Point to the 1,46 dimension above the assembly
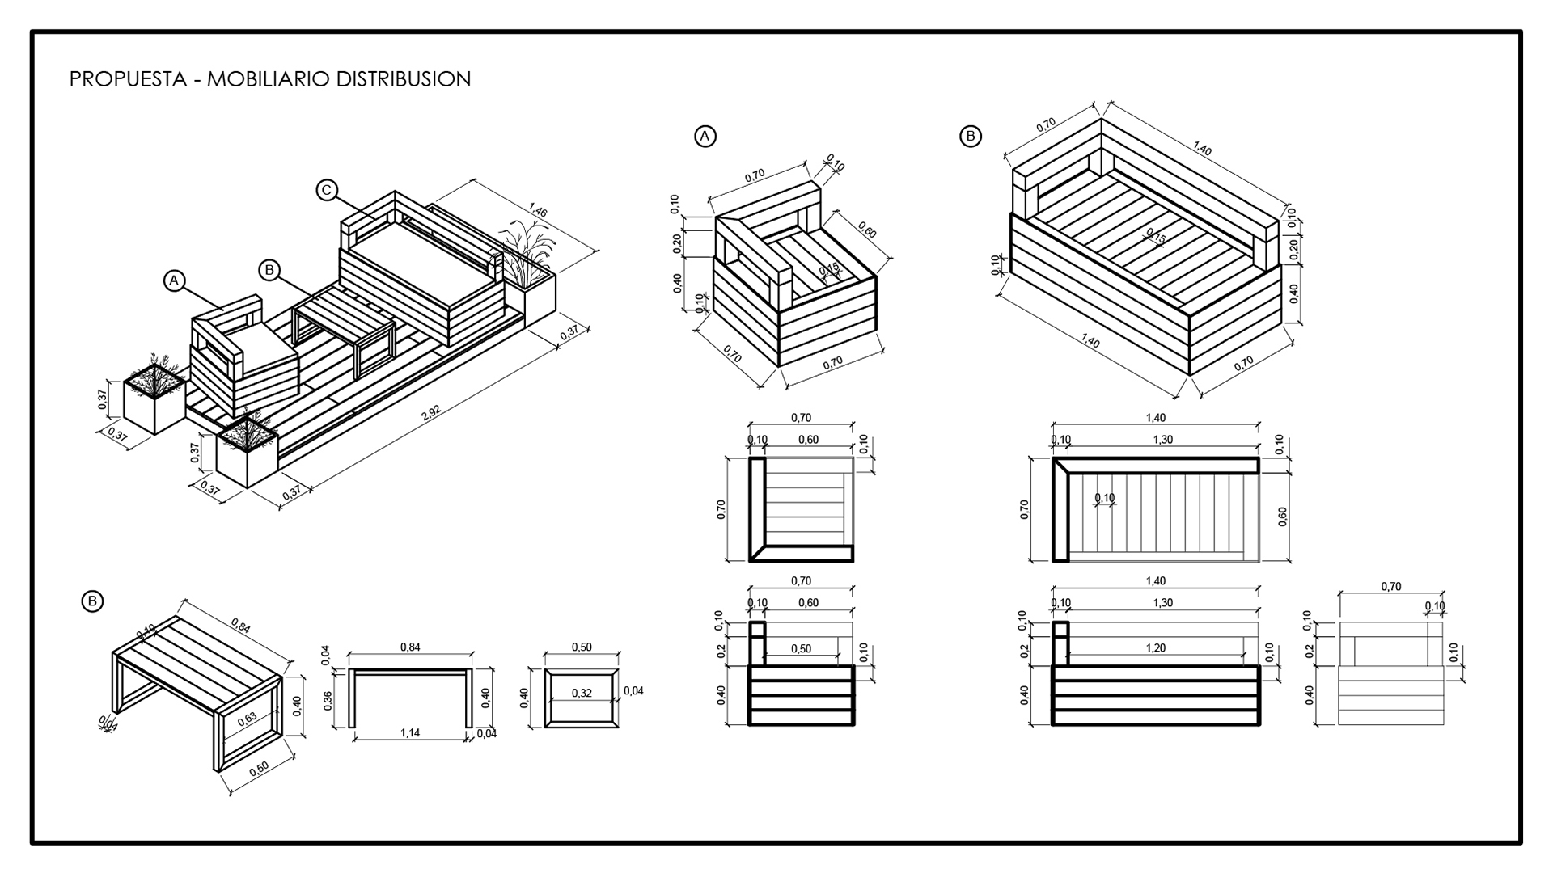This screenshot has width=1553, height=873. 537,213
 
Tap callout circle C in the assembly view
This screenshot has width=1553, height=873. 326,190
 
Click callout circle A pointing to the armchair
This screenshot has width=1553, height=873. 173,280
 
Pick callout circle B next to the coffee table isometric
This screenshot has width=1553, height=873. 93,601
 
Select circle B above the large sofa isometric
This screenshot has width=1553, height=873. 970,136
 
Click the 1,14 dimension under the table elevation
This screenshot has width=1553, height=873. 410,733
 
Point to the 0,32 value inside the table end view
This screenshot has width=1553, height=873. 581,693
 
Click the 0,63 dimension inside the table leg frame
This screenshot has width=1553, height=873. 247,717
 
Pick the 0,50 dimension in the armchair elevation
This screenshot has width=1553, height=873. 801,647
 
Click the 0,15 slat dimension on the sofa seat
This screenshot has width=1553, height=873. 1155,238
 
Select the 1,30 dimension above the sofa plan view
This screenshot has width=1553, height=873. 1162,440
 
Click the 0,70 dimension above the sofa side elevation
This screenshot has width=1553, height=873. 1390,587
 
